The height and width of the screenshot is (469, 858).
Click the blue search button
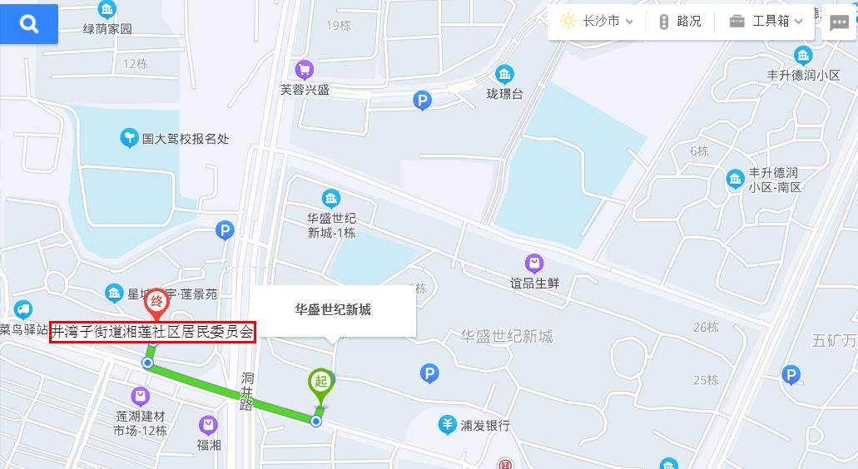(x=29, y=24)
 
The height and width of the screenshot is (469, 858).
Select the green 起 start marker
(x=320, y=383)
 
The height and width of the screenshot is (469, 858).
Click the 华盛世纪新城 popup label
(x=333, y=310)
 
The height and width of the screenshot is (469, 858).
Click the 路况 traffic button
(x=680, y=22)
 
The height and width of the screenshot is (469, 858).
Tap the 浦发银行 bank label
(x=485, y=425)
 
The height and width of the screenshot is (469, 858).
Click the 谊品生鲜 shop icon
(x=534, y=264)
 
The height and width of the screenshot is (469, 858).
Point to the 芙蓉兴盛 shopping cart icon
(x=305, y=70)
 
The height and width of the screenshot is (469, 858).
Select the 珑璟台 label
(x=505, y=94)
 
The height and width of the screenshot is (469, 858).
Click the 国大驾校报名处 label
(x=185, y=139)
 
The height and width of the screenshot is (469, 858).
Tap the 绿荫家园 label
(x=107, y=29)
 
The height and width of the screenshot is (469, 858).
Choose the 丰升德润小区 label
(x=803, y=75)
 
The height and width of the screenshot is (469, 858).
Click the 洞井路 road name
(x=247, y=391)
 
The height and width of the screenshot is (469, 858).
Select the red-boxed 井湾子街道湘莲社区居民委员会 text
(x=152, y=332)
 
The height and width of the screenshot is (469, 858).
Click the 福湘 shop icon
(x=208, y=426)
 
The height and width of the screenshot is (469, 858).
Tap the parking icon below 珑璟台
(x=423, y=101)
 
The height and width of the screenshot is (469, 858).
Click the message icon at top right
(x=839, y=23)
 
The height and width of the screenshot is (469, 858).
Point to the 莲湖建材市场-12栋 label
(x=141, y=422)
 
